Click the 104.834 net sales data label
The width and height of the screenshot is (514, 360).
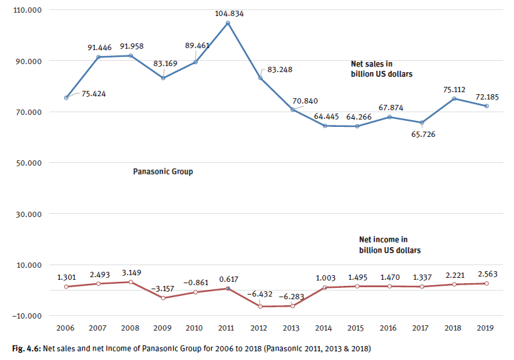228,13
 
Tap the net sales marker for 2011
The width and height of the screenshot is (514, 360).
228,23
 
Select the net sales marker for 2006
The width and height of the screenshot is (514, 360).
66,98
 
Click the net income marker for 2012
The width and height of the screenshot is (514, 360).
260,307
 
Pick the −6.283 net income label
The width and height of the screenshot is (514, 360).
292,295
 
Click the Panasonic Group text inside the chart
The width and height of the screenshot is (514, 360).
163,172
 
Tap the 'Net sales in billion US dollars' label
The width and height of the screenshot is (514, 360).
381,69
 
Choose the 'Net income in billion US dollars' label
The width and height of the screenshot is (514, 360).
390,244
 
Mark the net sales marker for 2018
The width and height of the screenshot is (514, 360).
454,99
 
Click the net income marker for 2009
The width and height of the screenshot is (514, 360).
163,298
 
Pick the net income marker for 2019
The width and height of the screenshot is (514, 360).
486,283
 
